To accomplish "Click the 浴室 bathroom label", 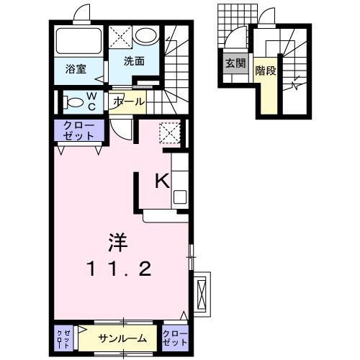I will point(76,70).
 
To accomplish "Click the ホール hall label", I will point(129,102).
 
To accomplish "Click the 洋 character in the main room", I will point(120,241).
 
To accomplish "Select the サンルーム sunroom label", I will point(123,338).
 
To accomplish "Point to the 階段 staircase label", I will point(266,71).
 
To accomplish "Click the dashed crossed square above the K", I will point(170,133).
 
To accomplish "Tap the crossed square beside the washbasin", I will point(122,37).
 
